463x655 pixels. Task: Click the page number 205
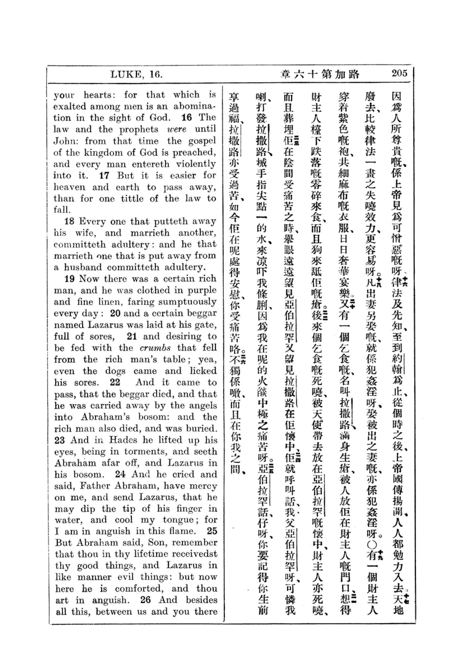(x=399, y=73)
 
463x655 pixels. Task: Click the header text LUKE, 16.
(x=136, y=74)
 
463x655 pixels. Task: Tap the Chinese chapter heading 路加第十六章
(x=320, y=74)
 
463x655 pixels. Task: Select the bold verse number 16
(x=187, y=118)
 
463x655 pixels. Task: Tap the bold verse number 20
(x=115, y=313)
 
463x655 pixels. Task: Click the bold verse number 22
(x=115, y=382)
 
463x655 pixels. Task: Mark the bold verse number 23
(x=60, y=440)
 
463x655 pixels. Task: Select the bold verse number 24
(x=120, y=474)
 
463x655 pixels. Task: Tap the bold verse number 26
(x=145, y=600)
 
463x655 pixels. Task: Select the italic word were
(x=176, y=129)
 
